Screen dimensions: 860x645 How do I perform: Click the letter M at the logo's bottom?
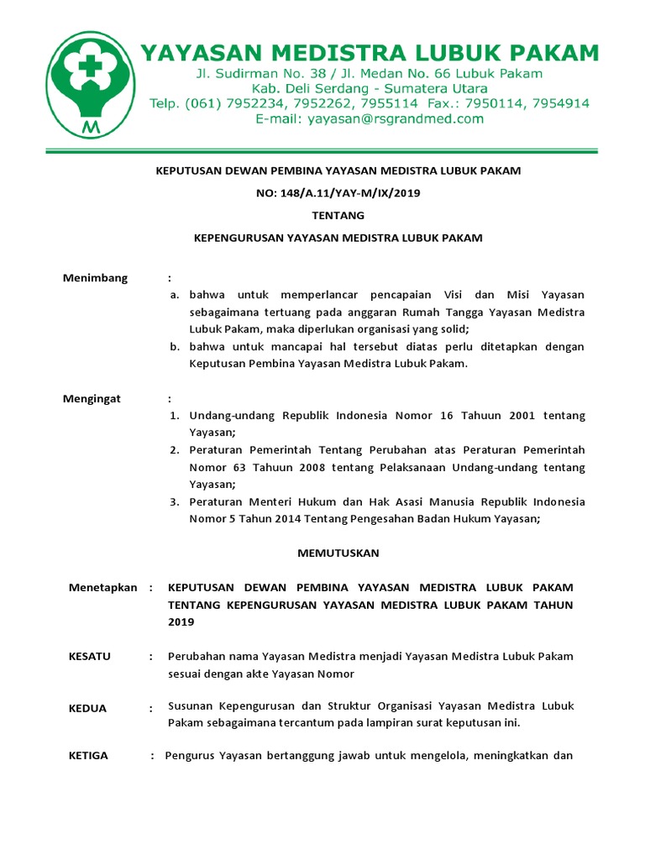point(89,127)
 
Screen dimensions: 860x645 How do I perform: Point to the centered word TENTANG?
point(338,215)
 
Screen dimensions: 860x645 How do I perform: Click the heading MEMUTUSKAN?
point(338,553)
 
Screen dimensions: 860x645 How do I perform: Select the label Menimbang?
point(95,278)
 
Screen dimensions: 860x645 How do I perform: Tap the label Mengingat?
point(92,399)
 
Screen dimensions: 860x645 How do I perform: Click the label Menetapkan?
point(102,588)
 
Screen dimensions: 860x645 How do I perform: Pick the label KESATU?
point(90,656)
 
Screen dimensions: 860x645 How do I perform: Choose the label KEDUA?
point(87,708)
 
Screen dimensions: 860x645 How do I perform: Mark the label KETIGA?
point(88,755)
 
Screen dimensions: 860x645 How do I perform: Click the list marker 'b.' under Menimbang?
point(175,347)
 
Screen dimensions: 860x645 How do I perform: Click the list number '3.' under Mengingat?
point(175,501)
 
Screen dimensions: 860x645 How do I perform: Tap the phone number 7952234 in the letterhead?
point(260,104)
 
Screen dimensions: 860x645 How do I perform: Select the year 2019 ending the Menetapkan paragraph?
point(181,622)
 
